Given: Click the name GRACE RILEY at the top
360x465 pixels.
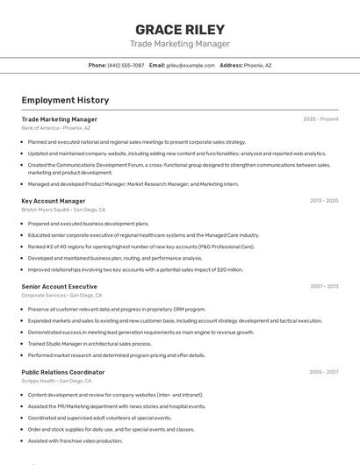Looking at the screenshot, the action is (180, 29).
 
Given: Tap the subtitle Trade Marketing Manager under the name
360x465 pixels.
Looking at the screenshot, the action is (180, 44).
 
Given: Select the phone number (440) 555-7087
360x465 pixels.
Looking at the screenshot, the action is (126, 65).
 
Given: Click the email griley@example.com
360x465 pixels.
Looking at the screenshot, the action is (191, 65).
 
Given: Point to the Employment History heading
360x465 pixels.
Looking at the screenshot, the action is (65, 100).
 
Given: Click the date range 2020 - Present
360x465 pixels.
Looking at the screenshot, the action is (320, 118).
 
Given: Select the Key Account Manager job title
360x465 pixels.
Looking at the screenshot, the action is (54, 201).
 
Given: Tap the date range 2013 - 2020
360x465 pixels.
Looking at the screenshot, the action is (324, 201).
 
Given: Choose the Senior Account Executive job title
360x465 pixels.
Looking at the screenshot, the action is (60, 286).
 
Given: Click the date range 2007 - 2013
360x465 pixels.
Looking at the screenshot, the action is (324, 286).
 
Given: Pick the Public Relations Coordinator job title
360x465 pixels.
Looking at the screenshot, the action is (63, 372).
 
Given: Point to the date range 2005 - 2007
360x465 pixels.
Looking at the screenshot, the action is (324, 372).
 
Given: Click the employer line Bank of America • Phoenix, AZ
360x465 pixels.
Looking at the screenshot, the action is (55, 128).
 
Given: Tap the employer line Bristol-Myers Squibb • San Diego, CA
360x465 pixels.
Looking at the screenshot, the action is (63, 211).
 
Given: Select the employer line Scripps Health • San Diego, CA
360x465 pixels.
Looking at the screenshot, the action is (56, 381).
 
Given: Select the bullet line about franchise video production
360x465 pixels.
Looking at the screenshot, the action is (76, 440).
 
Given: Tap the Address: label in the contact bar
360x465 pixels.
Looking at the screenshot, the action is (231, 65).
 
